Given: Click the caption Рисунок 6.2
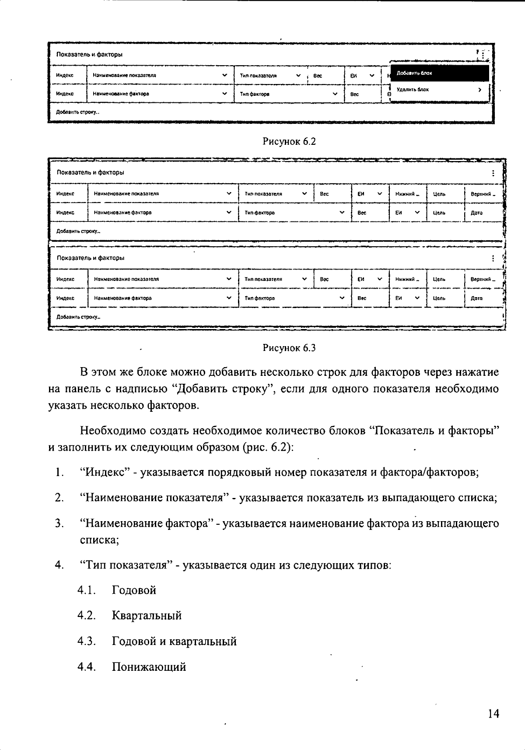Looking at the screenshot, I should [x=289, y=141].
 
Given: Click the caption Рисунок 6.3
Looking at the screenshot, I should [x=289, y=348].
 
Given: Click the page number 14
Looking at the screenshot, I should [x=493, y=714].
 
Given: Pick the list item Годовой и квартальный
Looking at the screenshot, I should [x=174, y=641].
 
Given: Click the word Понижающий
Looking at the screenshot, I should [x=149, y=667].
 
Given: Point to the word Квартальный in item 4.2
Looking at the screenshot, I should [x=147, y=616].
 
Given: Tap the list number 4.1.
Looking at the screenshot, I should [x=86, y=590].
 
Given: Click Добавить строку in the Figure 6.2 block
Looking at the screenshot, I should [x=77, y=112].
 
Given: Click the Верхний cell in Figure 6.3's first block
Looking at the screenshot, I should [x=483, y=194].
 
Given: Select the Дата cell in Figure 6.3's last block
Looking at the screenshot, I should [x=476, y=298].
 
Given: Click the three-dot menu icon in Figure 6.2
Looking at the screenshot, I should [x=483, y=55].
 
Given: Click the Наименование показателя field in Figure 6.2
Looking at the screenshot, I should [x=160, y=75].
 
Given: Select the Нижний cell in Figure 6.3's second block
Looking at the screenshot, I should [x=407, y=279].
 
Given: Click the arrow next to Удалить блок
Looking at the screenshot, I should [x=480, y=90].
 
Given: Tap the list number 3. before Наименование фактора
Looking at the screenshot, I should [x=59, y=523].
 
